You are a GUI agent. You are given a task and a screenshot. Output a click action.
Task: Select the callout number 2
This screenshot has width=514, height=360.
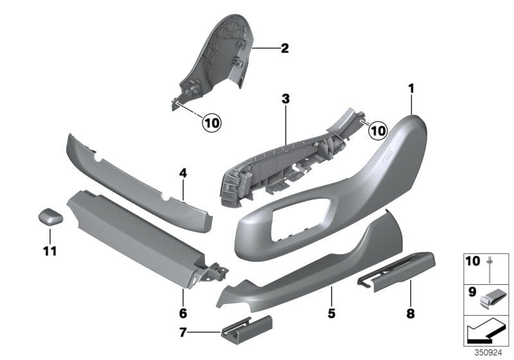[x=285, y=47]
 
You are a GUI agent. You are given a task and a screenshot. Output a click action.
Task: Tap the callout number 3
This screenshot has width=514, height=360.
[x=285, y=99]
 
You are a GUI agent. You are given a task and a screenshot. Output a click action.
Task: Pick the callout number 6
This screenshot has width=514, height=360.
[x=182, y=314]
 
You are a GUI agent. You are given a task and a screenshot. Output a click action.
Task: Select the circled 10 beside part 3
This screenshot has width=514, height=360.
[x=378, y=130]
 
